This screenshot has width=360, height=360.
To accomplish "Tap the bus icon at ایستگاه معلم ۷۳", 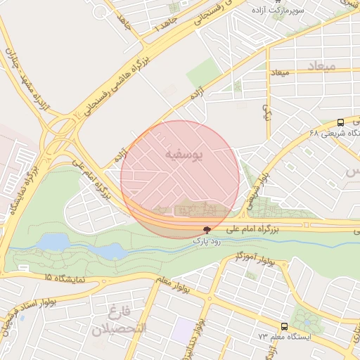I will (x=284, y=326).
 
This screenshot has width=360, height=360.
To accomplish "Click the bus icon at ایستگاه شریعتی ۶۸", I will (x=340, y=121).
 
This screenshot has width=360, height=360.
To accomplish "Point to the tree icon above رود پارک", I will (x=206, y=230).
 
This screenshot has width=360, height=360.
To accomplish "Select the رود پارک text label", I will (x=206, y=240).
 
